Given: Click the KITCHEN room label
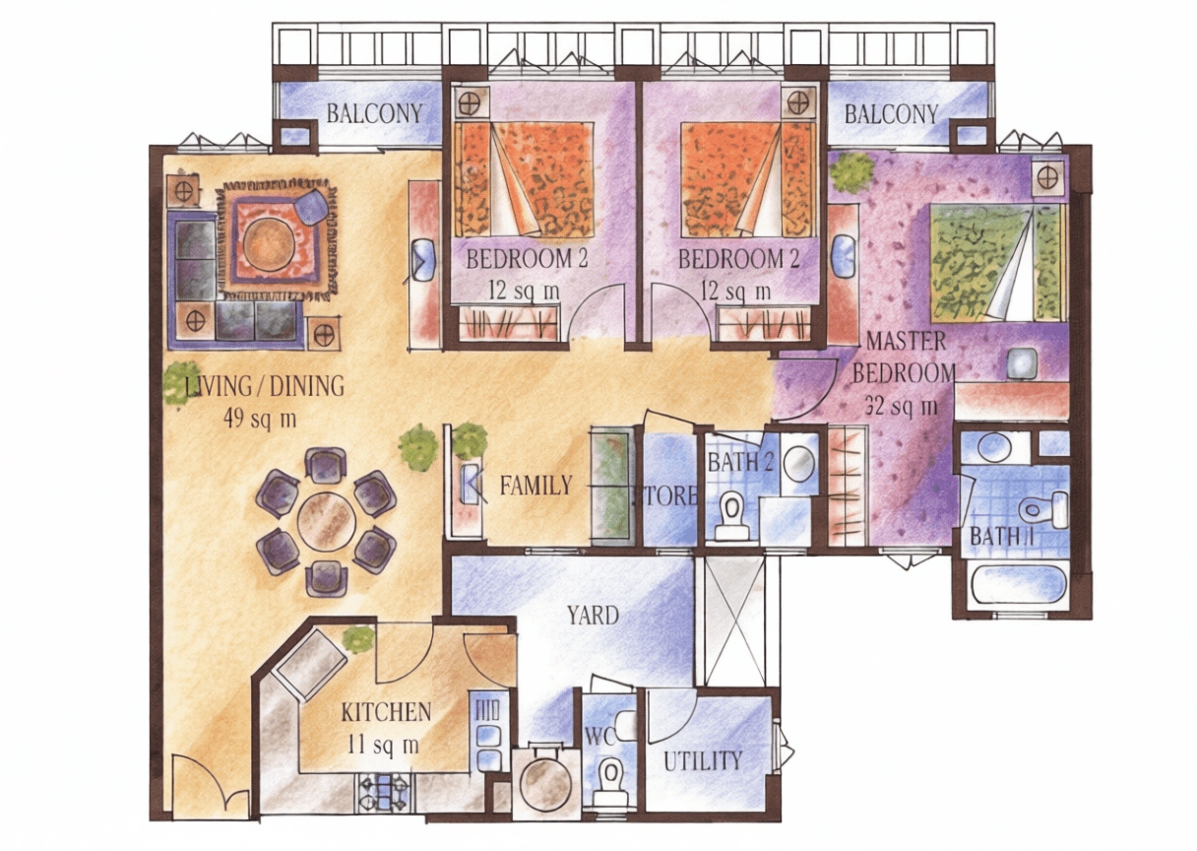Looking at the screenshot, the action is (x=386, y=712).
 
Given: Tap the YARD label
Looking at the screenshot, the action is (x=594, y=616).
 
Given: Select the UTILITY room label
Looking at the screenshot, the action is (x=703, y=761).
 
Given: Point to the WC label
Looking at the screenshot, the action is (x=600, y=737).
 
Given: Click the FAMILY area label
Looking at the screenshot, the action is (x=535, y=486).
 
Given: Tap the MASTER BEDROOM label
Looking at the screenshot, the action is (x=905, y=357).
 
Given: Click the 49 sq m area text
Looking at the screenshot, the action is (x=260, y=419).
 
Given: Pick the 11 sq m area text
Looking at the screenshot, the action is (x=383, y=745).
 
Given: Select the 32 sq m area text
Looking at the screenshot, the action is (x=901, y=407).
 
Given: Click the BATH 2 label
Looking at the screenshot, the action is (x=740, y=463).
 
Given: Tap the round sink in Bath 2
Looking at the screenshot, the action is (x=799, y=460).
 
